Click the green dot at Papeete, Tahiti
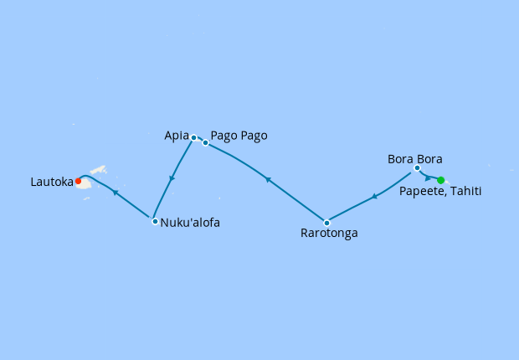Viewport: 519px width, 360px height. pyautogui.click(x=441, y=180)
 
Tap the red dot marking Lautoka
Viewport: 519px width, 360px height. pyautogui.click(x=78, y=181)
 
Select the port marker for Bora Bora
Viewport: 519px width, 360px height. pyautogui.click(x=417, y=168)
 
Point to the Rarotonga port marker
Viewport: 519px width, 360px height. pyautogui.click(x=326, y=223)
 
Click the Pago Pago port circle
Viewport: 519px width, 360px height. pyautogui.click(x=205, y=142)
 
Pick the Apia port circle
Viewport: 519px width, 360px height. pyautogui.click(x=193, y=137)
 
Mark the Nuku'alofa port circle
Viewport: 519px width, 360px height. pyautogui.click(x=155, y=221)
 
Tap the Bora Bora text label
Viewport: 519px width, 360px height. pyautogui.click(x=414, y=158)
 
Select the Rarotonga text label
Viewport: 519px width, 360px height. pyautogui.click(x=329, y=234)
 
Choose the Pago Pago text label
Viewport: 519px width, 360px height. pyautogui.click(x=239, y=135)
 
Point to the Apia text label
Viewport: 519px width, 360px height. pyautogui.click(x=177, y=135)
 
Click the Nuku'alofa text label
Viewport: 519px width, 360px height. pyautogui.click(x=190, y=223)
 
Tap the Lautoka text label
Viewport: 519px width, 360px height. pyautogui.click(x=49, y=180)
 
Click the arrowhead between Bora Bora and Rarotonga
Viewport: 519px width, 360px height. pyautogui.click(x=373, y=197)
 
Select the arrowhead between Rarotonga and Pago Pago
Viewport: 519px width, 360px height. pyautogui.click(x=267, y=178)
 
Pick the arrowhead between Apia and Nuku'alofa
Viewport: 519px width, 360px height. pyautogui.click(x=172, y=178)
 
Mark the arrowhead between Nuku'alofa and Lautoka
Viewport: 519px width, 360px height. pyautogui.click(x=115, y=193)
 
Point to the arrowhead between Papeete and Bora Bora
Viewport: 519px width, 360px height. pyautogui.click(x=428, y=178)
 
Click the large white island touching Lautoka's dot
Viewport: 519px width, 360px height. pyautogui.click(x=85, y=183)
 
